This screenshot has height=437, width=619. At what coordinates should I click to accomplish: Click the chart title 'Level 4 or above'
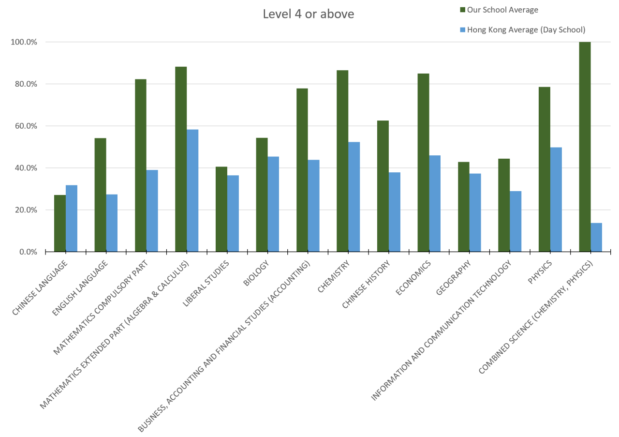308,14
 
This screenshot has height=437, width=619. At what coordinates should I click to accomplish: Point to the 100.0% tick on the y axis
24,42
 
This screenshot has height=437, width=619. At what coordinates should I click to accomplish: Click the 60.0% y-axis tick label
24,126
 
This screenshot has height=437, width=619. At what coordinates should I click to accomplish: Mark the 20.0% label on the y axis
24,210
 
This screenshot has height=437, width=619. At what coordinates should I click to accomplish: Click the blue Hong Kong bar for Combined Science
596,237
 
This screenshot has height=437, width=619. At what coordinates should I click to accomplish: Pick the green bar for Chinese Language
60,223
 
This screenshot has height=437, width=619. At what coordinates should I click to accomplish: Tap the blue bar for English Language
112,223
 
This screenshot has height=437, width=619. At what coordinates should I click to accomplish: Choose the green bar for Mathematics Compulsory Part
141,165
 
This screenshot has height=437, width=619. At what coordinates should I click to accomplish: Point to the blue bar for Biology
273,204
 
